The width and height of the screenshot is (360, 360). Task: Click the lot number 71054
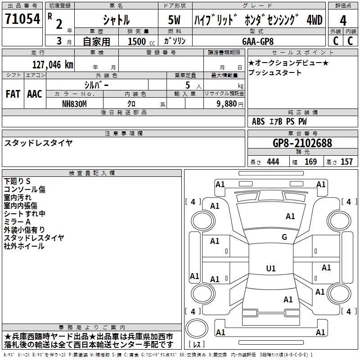pos(22,20)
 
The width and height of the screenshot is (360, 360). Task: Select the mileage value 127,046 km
pos(53,64)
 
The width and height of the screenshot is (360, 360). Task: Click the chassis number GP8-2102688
pos(302,143)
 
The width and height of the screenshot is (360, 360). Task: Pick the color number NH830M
pos(75,103)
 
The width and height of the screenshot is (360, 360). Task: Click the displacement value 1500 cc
pos(139,41)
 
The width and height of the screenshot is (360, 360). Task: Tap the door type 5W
pos(175,20)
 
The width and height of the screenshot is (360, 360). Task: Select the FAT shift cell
pos(12,94)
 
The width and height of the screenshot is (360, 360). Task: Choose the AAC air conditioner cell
pos(34,94)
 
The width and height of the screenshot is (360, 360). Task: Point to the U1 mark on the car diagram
pos(270,269)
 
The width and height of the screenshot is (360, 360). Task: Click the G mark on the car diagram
pos(284,237)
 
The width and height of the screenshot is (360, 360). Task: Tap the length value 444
pos(273,162)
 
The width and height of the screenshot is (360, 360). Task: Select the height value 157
pos(347,162)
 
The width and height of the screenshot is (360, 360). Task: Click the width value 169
pos(310,162)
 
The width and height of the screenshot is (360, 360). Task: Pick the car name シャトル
pos(116,20)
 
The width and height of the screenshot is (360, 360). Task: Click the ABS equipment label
pos(258,121)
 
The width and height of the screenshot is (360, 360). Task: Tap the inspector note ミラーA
pos(17,221)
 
